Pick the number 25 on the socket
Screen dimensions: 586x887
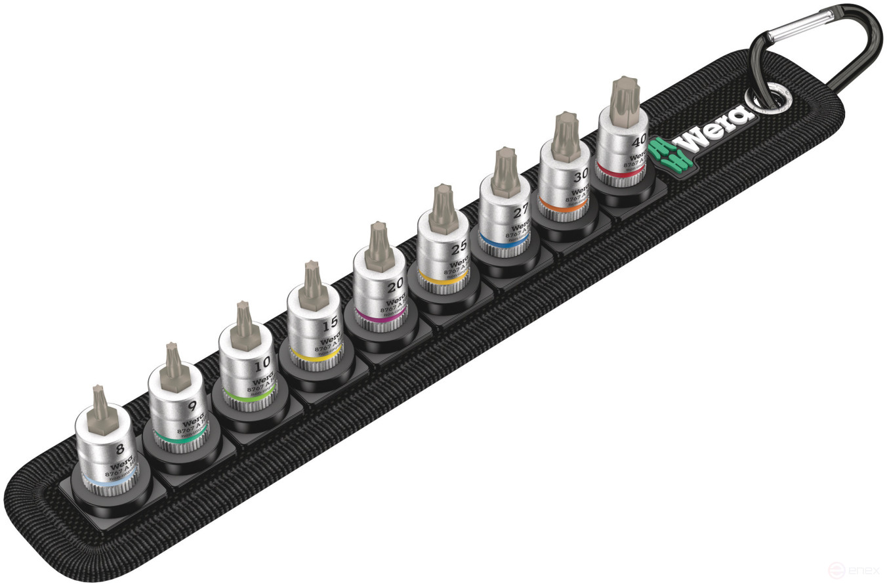tap(459, 249)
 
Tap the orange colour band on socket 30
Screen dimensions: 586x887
tap(562, 207)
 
